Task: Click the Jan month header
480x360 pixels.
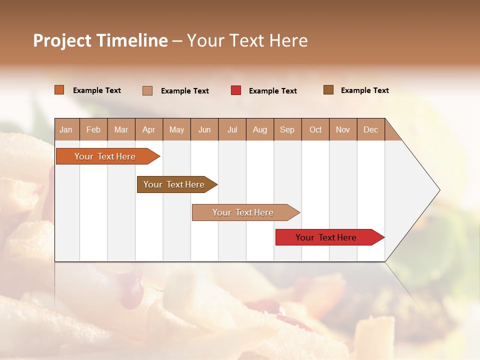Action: pyautogui.click(x=66, y=129)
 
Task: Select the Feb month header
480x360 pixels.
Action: pyautogui.click(x=93, y=129)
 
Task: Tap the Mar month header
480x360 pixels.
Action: pyautogui.click(x=121, y=129)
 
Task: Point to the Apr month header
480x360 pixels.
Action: pyautogui.click(x=149, y=129)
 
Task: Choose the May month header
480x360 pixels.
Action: pyautogui.click(x=176, y=129)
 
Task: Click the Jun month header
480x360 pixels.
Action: pyautogui.click(x=204, y=129)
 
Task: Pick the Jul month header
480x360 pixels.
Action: pyautogui.click(x=232, y=129)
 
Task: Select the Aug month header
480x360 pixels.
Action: pyautogui.click(x=260, y=129)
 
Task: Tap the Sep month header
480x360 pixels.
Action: pyautogui.click(x=287, y=129)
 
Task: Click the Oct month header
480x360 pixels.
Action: pyautogui.click(x=315, y=129)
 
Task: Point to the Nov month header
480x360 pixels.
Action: pyautogui.click(x=343, y=129)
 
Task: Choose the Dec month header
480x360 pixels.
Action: pyautogui.click(x=371, y=129)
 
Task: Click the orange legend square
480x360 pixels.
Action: pyautogui.click(x=59, y=90)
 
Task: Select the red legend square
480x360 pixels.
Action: pyautogui.click(x=236, y=90)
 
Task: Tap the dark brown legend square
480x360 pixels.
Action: pyautogui.click(x=328, y=90)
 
